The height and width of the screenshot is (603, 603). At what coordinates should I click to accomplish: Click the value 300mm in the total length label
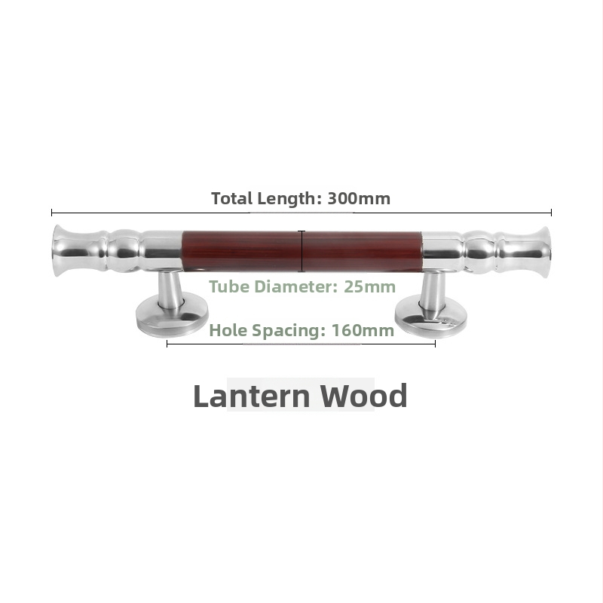(359, 198)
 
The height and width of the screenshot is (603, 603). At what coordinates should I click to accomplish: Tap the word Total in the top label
(232, 198)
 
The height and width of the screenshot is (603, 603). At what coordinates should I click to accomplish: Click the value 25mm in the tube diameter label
(369, 286)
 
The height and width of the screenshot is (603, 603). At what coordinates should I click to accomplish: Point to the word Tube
(230, 286)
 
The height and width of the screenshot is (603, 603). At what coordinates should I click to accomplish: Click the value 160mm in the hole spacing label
(363, 330)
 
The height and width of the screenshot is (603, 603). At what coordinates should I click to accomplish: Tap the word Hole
(228, 330)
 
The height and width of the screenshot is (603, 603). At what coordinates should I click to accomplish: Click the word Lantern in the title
(252, 396)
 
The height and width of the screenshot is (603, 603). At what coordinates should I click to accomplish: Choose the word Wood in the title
(364, 396)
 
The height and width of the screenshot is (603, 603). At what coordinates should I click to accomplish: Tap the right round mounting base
(431, 316)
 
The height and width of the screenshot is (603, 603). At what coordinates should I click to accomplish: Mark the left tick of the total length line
(51, 213)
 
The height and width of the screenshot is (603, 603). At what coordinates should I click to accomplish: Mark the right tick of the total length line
(551, 213)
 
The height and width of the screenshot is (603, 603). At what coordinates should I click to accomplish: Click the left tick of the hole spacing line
(167, 344)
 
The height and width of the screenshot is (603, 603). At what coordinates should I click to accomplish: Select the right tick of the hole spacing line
(435, 344)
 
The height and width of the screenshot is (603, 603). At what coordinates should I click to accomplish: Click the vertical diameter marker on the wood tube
(302, 252)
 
